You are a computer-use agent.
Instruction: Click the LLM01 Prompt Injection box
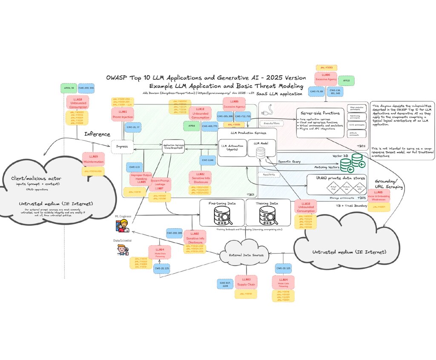pyautogui.click(x=123, y=114)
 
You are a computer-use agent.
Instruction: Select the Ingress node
pyautogui.click(x=122, y=146)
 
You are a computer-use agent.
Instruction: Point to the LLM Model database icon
pyautogui.click(x=261, y=152)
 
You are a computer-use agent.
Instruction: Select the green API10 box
pyautogui.click(x=347, y=80)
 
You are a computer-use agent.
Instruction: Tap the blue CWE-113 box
pyautogui.click(x=134, y=167)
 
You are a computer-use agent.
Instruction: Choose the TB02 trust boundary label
pyautogui.click(x=361, y=146)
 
